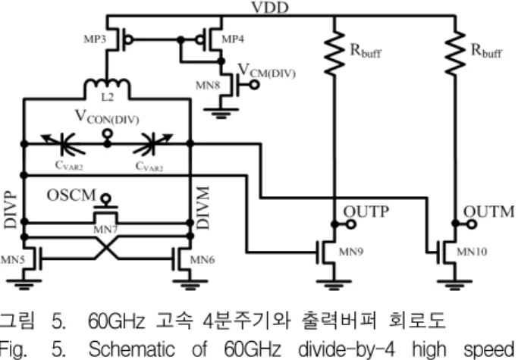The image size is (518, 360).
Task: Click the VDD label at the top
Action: (270, 8)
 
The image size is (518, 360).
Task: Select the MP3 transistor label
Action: (95, 39)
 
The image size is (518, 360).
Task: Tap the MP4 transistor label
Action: (233, 39)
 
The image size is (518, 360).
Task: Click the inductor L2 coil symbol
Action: (108, 86)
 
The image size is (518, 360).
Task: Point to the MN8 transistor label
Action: (208, 86)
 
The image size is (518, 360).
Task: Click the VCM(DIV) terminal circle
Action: (254, 85)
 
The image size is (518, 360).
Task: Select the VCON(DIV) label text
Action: (107, 117)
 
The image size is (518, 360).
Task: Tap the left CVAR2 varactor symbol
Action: (63, 144)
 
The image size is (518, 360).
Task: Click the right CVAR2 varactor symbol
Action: (152, 144)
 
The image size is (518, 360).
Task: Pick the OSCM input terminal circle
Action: (105, 199)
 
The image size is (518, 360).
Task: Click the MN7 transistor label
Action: (105, 229)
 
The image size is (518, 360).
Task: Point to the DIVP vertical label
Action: (10, 210)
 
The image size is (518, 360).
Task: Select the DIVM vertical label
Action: (202, 208)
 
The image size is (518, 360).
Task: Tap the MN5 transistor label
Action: (13, 260)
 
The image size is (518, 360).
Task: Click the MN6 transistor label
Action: (202, 260)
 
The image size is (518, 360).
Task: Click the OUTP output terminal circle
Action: (351, 224)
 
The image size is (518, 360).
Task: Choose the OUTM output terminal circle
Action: (472, 224)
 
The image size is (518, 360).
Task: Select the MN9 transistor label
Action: (351, 252)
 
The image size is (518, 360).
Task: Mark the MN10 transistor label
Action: (472, 252)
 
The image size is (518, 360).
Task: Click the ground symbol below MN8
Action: (221, 113)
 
